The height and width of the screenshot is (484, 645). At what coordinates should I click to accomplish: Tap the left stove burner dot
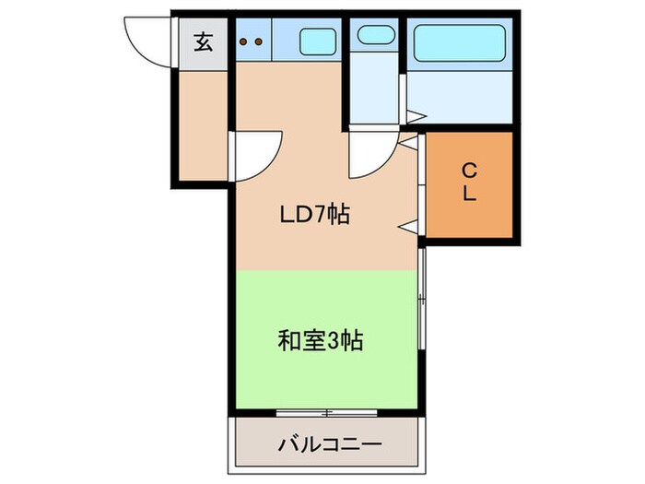[245, 41]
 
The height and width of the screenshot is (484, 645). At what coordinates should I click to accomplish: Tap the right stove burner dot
[260, 41]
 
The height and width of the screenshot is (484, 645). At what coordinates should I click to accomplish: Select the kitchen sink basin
[318, 41]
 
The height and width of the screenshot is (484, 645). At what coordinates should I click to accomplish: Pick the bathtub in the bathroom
[460, 42]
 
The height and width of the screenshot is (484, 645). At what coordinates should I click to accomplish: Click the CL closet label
[468, 183]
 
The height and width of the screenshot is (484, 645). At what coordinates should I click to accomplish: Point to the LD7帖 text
[314, 216]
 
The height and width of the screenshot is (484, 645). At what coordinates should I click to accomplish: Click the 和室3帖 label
[320, 341]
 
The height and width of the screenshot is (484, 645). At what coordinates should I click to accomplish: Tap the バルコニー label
[329, 445]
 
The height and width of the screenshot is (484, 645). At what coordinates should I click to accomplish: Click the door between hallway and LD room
[256, 154]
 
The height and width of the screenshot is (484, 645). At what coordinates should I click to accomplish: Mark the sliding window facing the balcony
[327, 410]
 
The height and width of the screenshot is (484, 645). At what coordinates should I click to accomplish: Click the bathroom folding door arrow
[415, 117]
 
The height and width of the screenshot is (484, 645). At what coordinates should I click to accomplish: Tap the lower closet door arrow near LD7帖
[405, 224]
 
